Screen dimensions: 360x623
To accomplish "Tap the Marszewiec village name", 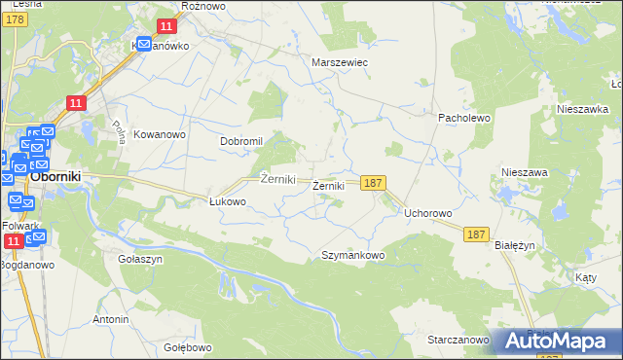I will [338, 61].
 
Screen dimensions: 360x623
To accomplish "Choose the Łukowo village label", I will [228, 201].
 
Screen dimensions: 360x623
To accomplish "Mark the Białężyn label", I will [515, 246].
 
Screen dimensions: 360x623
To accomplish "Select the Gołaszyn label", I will [140, 260].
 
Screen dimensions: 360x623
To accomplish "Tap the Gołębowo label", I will [188, 347].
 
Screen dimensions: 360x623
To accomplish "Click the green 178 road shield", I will [14, 32].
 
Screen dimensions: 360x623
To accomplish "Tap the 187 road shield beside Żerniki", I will [374, 182].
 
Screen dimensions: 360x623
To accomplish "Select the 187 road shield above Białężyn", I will [476, 234].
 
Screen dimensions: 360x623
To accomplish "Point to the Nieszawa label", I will [525, 171].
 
